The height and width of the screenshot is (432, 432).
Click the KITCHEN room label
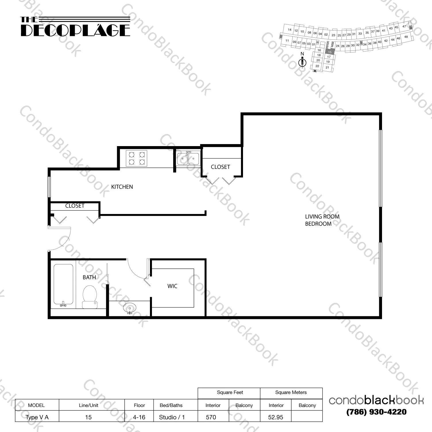point(122,187)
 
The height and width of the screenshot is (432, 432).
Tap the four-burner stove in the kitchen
point(136,158)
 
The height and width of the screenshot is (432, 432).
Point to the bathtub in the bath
point(63,285)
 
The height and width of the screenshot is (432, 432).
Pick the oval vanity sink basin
point(130,309)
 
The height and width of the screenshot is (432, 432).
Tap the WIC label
point(172,286)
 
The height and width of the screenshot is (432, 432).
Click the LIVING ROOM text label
point(322,217)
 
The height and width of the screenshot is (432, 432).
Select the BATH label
point(89,278)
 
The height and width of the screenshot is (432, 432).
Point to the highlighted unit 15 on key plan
point(330,52)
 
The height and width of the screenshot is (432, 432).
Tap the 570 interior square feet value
point(211,417)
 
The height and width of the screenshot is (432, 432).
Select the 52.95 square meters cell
point(275,417)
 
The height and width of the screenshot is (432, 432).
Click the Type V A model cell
point(37,417)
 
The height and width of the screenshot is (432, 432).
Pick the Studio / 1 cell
point(172,417)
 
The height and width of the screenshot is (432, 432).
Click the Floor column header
point(139,405)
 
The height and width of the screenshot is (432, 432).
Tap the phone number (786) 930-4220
point(376,412)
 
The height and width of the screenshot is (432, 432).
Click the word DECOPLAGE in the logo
point(76,30)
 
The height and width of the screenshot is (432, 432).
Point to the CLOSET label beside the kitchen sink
point(220,167)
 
